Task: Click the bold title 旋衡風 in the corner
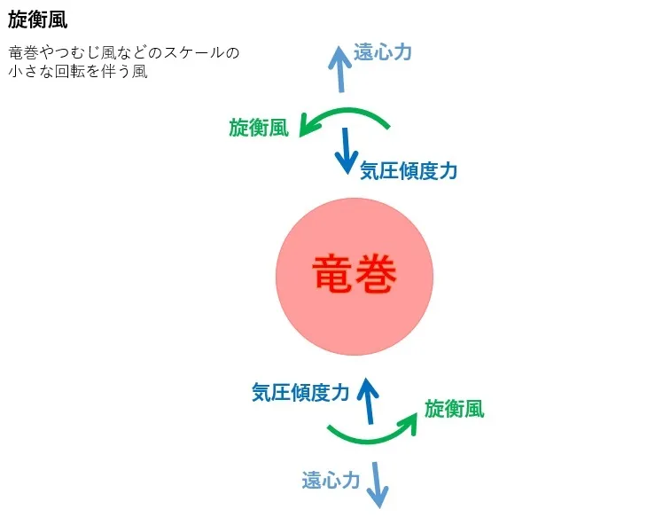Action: tap(37, 20)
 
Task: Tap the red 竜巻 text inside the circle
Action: tap(355, 274)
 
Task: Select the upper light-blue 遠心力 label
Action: tap(383, 52)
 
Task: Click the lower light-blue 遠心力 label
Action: tap(331, 481)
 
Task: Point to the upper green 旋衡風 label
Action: tap(259, 127)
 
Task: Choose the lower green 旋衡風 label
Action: tap(455, 409)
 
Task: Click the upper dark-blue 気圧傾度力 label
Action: tap(409, 170)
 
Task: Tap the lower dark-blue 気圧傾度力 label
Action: tap(300, 392)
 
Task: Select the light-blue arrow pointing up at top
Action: tap(340, 69)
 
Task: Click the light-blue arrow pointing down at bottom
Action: tap(378, 485)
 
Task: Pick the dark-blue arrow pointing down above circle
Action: tap(346, 151)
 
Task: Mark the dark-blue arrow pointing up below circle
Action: tap(369, 400)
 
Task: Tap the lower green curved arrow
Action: tap(371, 442)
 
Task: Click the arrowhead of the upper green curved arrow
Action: tap(307, 125)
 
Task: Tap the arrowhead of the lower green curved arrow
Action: tap(409, 423)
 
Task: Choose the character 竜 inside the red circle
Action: tap(332, 274)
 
